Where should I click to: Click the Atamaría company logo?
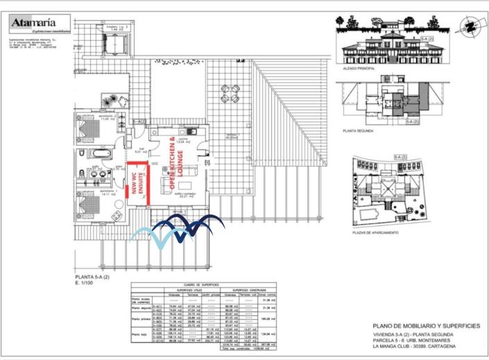coord(40,24)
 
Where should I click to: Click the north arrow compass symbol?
coord(470,26)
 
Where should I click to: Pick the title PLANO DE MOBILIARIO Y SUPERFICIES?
coord(425,325)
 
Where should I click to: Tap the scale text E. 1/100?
coord(85,284)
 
